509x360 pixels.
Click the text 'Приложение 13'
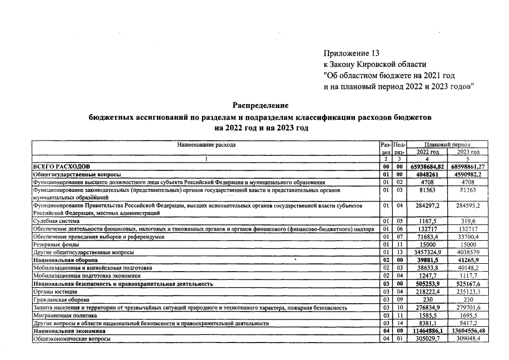348,53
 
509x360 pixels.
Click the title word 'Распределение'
260,105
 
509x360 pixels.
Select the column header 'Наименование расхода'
206,145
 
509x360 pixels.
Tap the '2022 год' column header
427,152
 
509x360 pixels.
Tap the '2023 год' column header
468,152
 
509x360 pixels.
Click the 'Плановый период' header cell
447,145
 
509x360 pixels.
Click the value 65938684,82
427,167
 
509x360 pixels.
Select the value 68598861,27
468,167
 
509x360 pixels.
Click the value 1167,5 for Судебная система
427,222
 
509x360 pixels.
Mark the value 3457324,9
427,253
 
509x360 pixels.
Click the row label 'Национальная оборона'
65,261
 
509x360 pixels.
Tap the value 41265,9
468,261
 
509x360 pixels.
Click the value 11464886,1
427,332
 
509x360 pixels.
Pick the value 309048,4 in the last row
468,340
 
